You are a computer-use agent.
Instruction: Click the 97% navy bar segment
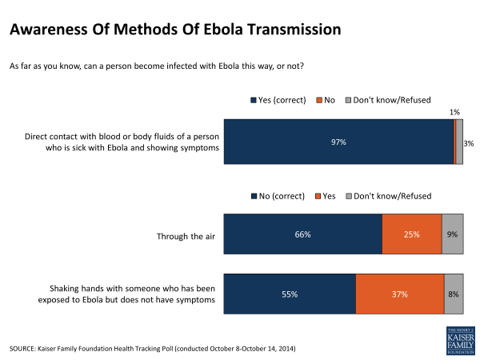click(x=338, y=142)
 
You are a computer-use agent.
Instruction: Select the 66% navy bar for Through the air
click(x=302, y=234)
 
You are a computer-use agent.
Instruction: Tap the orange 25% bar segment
click(x=411, y=234)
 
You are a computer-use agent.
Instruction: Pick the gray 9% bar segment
click(x=452, y=234)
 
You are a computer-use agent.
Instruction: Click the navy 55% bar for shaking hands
click(x=290, y=294)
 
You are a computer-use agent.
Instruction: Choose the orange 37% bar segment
click(x=400, y=294)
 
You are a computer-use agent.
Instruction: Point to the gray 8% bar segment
click(x=454, y=294)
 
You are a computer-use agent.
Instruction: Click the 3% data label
click(x=469, y=144)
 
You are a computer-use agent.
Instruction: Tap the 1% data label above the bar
click(x=454, y=113)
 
